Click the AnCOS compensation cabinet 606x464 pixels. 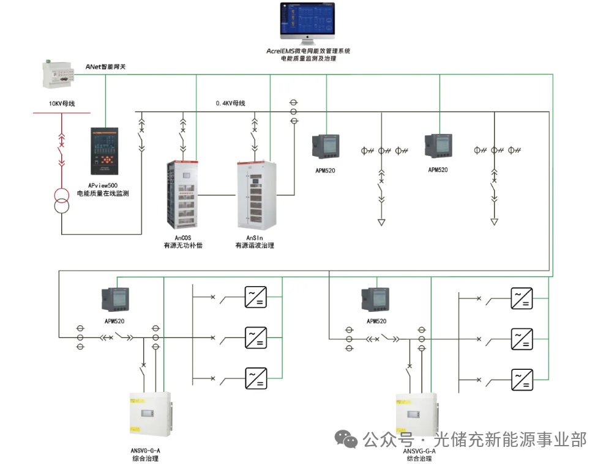pos(182,195)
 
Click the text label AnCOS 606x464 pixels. pos(182,237)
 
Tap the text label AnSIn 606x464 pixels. pos(254,237)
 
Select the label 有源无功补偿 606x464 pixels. pos(182,245)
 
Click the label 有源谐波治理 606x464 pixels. pos(254,245)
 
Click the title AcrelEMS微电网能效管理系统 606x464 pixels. pos(308,51)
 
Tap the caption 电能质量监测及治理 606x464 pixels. pos(308,59)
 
